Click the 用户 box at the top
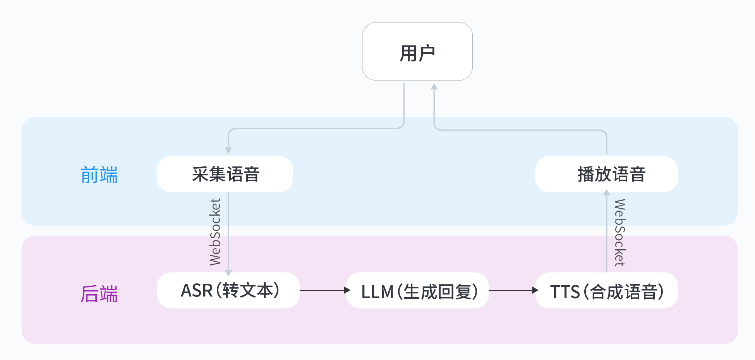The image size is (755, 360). tap(417, 51)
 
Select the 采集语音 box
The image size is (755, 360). tap(225, 174)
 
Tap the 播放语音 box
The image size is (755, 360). tap(606, 174)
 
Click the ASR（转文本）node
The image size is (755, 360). tap(228, 290)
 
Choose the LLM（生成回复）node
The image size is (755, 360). tap(417, 290)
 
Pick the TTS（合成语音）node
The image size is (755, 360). tap(606, 290)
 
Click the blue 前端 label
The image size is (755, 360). tap(99, 175)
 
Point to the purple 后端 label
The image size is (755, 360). tap(99, 294)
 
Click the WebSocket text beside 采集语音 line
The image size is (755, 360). tap(215, 232)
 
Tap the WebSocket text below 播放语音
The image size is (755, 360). tap(619, 233)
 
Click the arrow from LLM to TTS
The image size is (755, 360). tap(513, 290)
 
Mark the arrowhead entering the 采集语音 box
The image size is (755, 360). tap(228, 151)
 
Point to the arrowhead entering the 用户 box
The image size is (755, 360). tap(434, 86)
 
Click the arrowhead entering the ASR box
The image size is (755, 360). tap(228, 273)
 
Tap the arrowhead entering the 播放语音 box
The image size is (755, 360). tap(607, 192)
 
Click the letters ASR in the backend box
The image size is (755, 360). tap(197, 290)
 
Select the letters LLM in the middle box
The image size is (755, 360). tap(377, 292)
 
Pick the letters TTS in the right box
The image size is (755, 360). tap(565, 292)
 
